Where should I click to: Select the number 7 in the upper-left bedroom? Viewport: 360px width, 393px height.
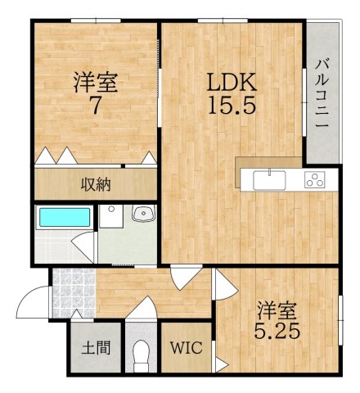[95, 104]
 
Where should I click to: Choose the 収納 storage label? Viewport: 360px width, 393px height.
[95, 183]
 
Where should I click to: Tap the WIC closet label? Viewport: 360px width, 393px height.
[185, 346]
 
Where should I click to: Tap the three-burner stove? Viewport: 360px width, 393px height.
[315, 179]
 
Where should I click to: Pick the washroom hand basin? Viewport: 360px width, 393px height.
[144, 215]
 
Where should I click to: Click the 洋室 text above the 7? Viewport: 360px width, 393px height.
[95, 82]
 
